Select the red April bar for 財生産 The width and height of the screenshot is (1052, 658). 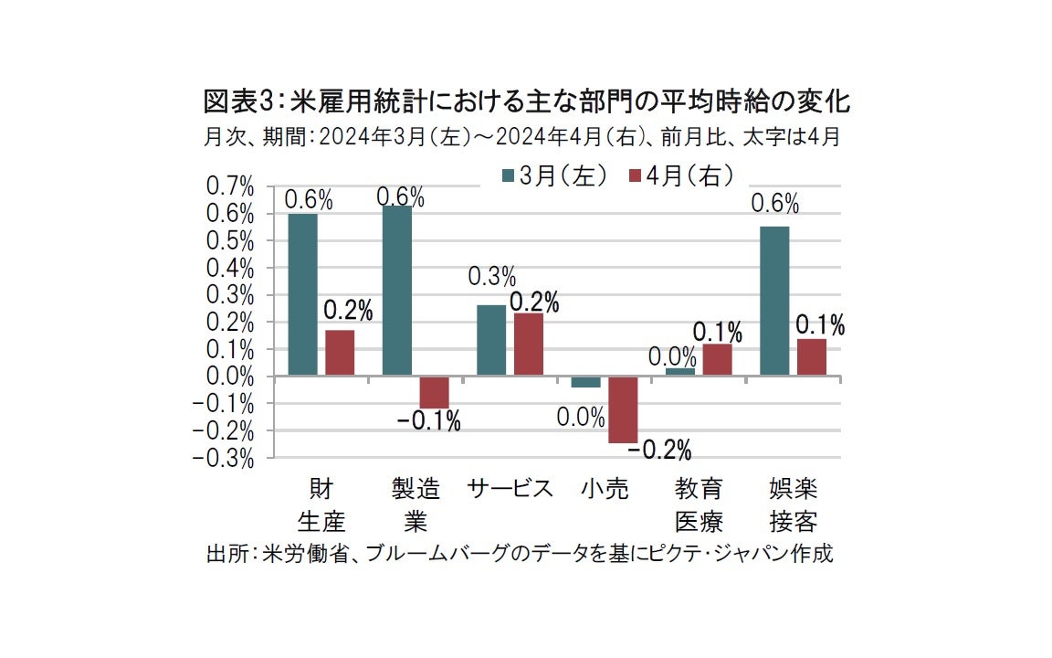click(x=340, y=353)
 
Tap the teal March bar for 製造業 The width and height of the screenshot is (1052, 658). click(x=397, y=291)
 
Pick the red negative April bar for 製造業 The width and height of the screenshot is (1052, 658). click(x=435, y=392)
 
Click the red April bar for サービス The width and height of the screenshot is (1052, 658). click(x=529, y=345)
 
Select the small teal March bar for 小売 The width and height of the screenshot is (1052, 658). click(x=585, y=382)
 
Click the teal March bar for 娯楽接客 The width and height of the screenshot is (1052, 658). click(x=774, y=301)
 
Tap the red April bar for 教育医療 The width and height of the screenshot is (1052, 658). click(x=718, y=359)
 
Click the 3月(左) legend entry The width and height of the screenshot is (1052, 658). click(x=553, y=176)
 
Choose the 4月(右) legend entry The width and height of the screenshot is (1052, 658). click(x=679, y=176)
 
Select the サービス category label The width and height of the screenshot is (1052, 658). click(x=510, y=489)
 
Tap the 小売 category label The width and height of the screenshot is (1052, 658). click(x=605, y=489)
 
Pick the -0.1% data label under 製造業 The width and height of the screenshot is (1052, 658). click(x=428, y=421)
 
